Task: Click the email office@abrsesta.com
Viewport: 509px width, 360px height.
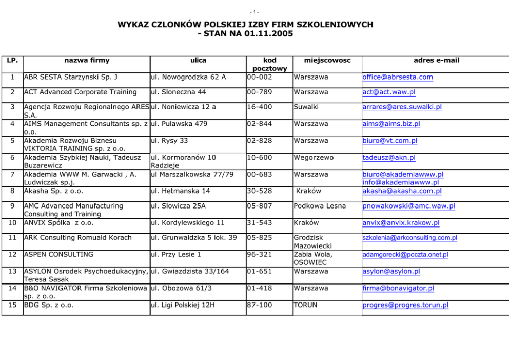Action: click(x=398, y=77)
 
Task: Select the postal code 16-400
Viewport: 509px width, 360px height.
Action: click(x=260, y=107)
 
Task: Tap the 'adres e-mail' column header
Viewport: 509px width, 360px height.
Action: click(x=436, y=60)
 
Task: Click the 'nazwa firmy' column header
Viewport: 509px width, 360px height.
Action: click(x=87, y=60)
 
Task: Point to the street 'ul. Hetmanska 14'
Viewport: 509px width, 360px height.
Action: click(x=180, y=191)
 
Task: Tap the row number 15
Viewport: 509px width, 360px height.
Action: click(x=12, y=305)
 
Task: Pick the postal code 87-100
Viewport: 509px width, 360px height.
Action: click(x=260, y=305)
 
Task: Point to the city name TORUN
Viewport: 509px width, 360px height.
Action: click(x=305, y=305)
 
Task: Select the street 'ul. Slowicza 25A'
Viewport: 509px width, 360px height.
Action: click(x=178, y=206)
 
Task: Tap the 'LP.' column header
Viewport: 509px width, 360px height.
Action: click(x=12, y=60)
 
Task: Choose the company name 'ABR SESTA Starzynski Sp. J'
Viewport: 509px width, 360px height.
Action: click(x=71, y=77)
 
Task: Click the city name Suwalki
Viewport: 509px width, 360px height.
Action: click(x=306, y=107)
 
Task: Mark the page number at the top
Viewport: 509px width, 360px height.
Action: click(x=254, y=11)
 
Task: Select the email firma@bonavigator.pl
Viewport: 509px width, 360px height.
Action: click(x=398, y=288)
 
